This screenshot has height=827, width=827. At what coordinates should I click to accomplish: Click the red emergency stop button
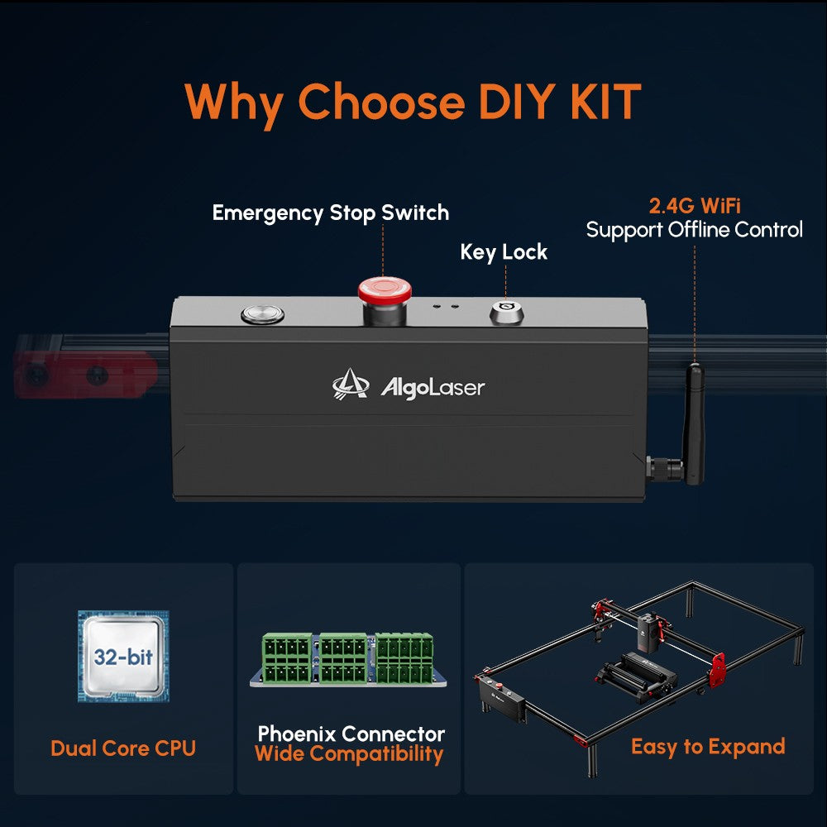(x=385, y=291)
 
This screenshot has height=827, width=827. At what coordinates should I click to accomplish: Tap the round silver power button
(x=263, y=314)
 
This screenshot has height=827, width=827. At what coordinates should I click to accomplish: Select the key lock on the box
(x=506, y=313)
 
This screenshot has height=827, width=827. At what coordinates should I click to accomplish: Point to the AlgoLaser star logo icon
(x=351, y=384)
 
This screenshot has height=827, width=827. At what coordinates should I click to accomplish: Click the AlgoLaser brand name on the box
(x=433, y=388)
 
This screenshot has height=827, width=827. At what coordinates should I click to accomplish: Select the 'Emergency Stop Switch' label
(x=331, y=213)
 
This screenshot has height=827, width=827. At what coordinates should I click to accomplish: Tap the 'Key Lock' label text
(x=504, y=252)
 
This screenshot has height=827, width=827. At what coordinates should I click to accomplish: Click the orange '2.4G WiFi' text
(x=695, y=206)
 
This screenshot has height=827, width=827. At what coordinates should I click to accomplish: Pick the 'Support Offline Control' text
(x=694, y=230)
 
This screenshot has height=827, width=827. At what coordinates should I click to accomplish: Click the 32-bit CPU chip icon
(x=123, y=656)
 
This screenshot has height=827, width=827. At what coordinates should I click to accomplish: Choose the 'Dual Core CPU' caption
(x=123, y=748)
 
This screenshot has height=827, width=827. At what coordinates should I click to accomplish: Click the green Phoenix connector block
(x=348, y=659)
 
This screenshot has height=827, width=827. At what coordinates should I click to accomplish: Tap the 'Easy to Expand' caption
(x=708, y=747)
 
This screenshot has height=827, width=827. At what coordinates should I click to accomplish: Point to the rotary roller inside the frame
(x=638, y=676)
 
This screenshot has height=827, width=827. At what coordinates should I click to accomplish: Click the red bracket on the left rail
(x=84, y=375)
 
